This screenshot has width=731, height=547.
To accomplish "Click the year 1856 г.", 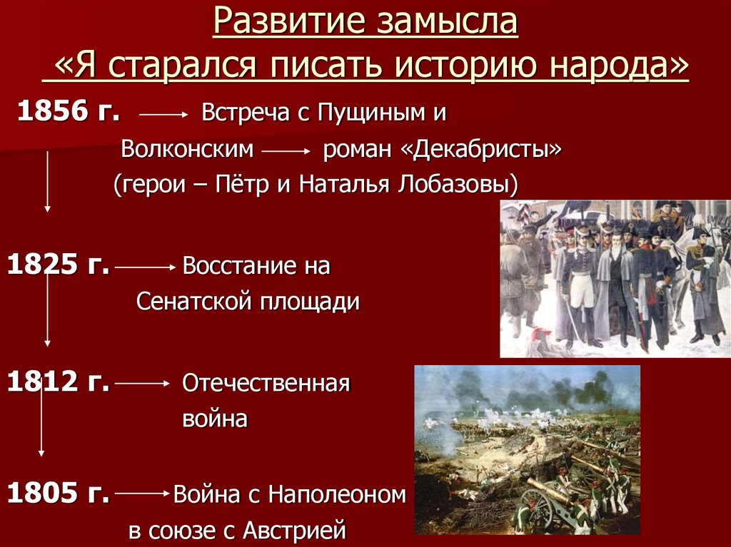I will point(68,112).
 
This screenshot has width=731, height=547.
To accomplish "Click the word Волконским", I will point(187,150).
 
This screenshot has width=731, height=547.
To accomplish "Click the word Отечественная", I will point(266,384).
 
